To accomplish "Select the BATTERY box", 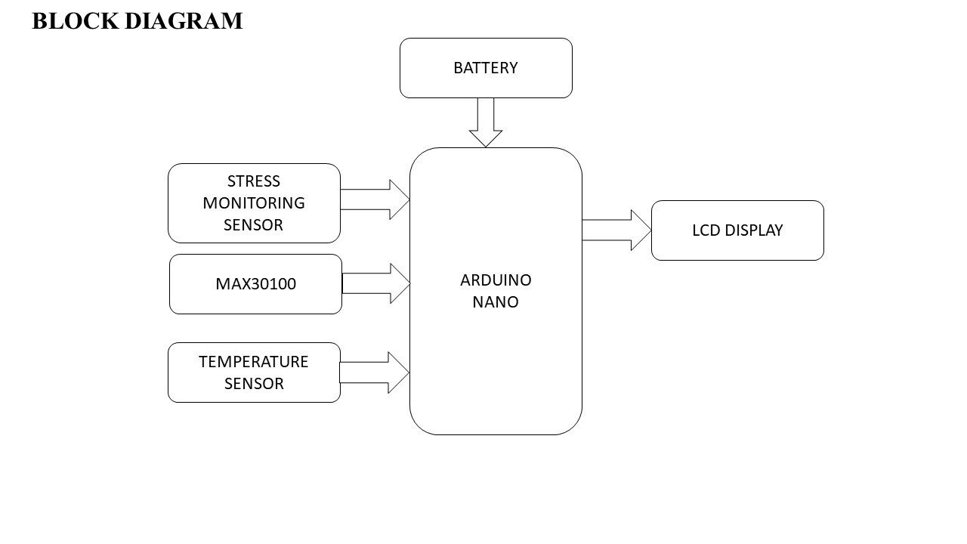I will (486, 68).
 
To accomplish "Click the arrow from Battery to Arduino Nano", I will (486, 122).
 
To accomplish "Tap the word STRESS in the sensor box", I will (253, 181).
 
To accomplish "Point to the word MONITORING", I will (254, 203).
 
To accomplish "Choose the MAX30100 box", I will (255, 284).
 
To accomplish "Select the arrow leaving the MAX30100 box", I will (376, 283).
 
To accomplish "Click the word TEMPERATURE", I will (254, 362).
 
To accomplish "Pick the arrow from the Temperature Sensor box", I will (375, 372).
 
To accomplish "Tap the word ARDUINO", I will (496, 280).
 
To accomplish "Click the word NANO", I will (496, 302).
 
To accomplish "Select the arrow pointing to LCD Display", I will (616, 230).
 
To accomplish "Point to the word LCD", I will (706, 230).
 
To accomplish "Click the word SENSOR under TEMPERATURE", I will (254, 384).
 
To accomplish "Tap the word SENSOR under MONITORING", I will (253, 225).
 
